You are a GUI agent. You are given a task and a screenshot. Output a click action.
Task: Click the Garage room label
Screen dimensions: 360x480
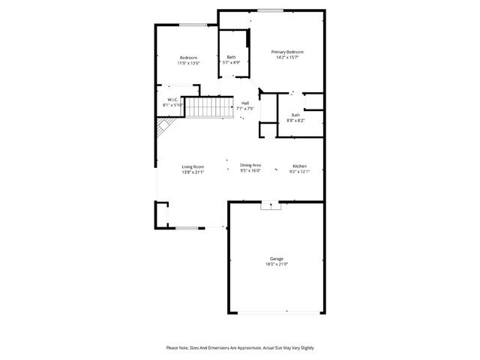click(277, 259)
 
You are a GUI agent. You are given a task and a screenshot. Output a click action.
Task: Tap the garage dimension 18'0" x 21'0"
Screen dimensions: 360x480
click(277, 264)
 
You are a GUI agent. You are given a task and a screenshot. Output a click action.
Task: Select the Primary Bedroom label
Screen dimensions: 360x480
click(289, 52)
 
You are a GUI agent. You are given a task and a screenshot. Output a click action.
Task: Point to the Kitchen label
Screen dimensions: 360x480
click(299, 166)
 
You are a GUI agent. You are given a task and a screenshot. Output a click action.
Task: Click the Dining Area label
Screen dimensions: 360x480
click(250, 165)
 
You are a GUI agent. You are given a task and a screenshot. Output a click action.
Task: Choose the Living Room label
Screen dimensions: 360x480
click(193, 166)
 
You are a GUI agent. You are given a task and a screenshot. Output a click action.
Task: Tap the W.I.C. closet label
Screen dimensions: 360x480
click(172, 100)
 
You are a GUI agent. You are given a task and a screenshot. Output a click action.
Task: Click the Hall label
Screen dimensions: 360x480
click(245, 103)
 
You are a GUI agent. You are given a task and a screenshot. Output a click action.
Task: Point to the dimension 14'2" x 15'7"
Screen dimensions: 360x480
click(289, 58)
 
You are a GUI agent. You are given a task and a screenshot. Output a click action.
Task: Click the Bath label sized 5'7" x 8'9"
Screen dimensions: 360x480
click(232, 57)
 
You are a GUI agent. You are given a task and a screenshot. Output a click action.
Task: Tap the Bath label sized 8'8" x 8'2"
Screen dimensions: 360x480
click(296, 115)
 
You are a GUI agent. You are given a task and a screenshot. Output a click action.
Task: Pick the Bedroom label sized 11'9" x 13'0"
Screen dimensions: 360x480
click(188, 58)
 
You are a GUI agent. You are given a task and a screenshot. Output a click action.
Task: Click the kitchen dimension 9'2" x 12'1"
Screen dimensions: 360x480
click(299, 172)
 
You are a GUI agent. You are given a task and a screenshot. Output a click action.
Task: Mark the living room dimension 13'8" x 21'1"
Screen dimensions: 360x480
click(193, 172)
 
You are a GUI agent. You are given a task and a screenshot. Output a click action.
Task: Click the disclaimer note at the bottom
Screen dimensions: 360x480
click(240, 347)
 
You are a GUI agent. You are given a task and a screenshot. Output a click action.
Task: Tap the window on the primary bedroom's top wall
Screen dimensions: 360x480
click(271, 10)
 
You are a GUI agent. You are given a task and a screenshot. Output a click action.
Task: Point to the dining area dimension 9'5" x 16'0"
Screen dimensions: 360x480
click(250, 171)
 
